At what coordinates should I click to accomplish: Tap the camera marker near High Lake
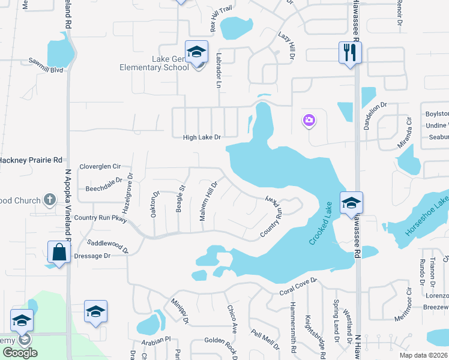[309, 121]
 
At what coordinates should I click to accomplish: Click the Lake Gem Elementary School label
[154, 63]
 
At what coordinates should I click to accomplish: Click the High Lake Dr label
[202, 137]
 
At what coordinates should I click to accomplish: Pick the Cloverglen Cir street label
[100, 166]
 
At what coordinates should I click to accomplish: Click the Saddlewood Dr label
[108, 246]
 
